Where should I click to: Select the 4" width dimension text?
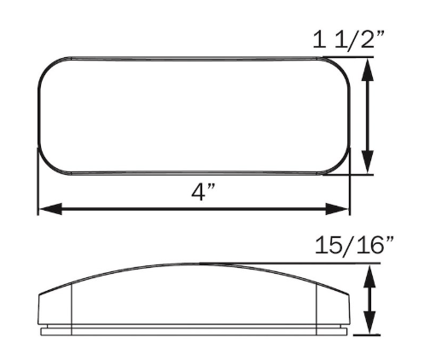click(202, 192)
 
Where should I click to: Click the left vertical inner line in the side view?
click(73, 303)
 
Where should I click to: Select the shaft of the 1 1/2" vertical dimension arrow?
click(368, 116)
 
